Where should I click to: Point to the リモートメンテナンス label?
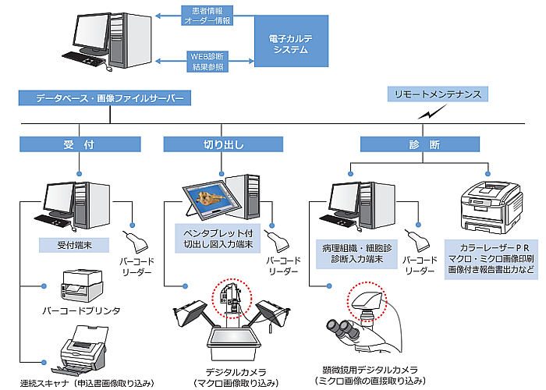tap(438, 94)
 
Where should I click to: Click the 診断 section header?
tap(424, 144)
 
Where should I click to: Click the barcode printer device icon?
tap(81, 286)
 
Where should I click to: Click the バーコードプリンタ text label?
tap(81, 310)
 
